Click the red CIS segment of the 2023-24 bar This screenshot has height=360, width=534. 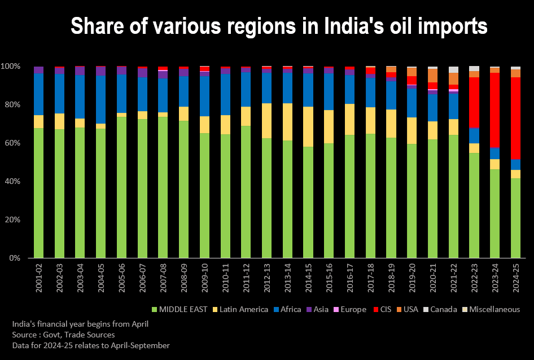(494, 110)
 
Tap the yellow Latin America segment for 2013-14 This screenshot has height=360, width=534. (287, 122)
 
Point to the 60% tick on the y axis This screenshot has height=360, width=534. (12, 143)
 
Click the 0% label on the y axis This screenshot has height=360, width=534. (15, 258)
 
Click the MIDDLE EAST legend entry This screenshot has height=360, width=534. (178, 309)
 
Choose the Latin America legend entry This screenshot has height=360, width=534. (240, 309)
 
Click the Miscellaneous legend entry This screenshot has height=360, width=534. (491, 309)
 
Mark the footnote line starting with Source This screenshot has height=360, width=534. (63, 335)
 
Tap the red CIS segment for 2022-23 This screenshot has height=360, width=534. (474, 102)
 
